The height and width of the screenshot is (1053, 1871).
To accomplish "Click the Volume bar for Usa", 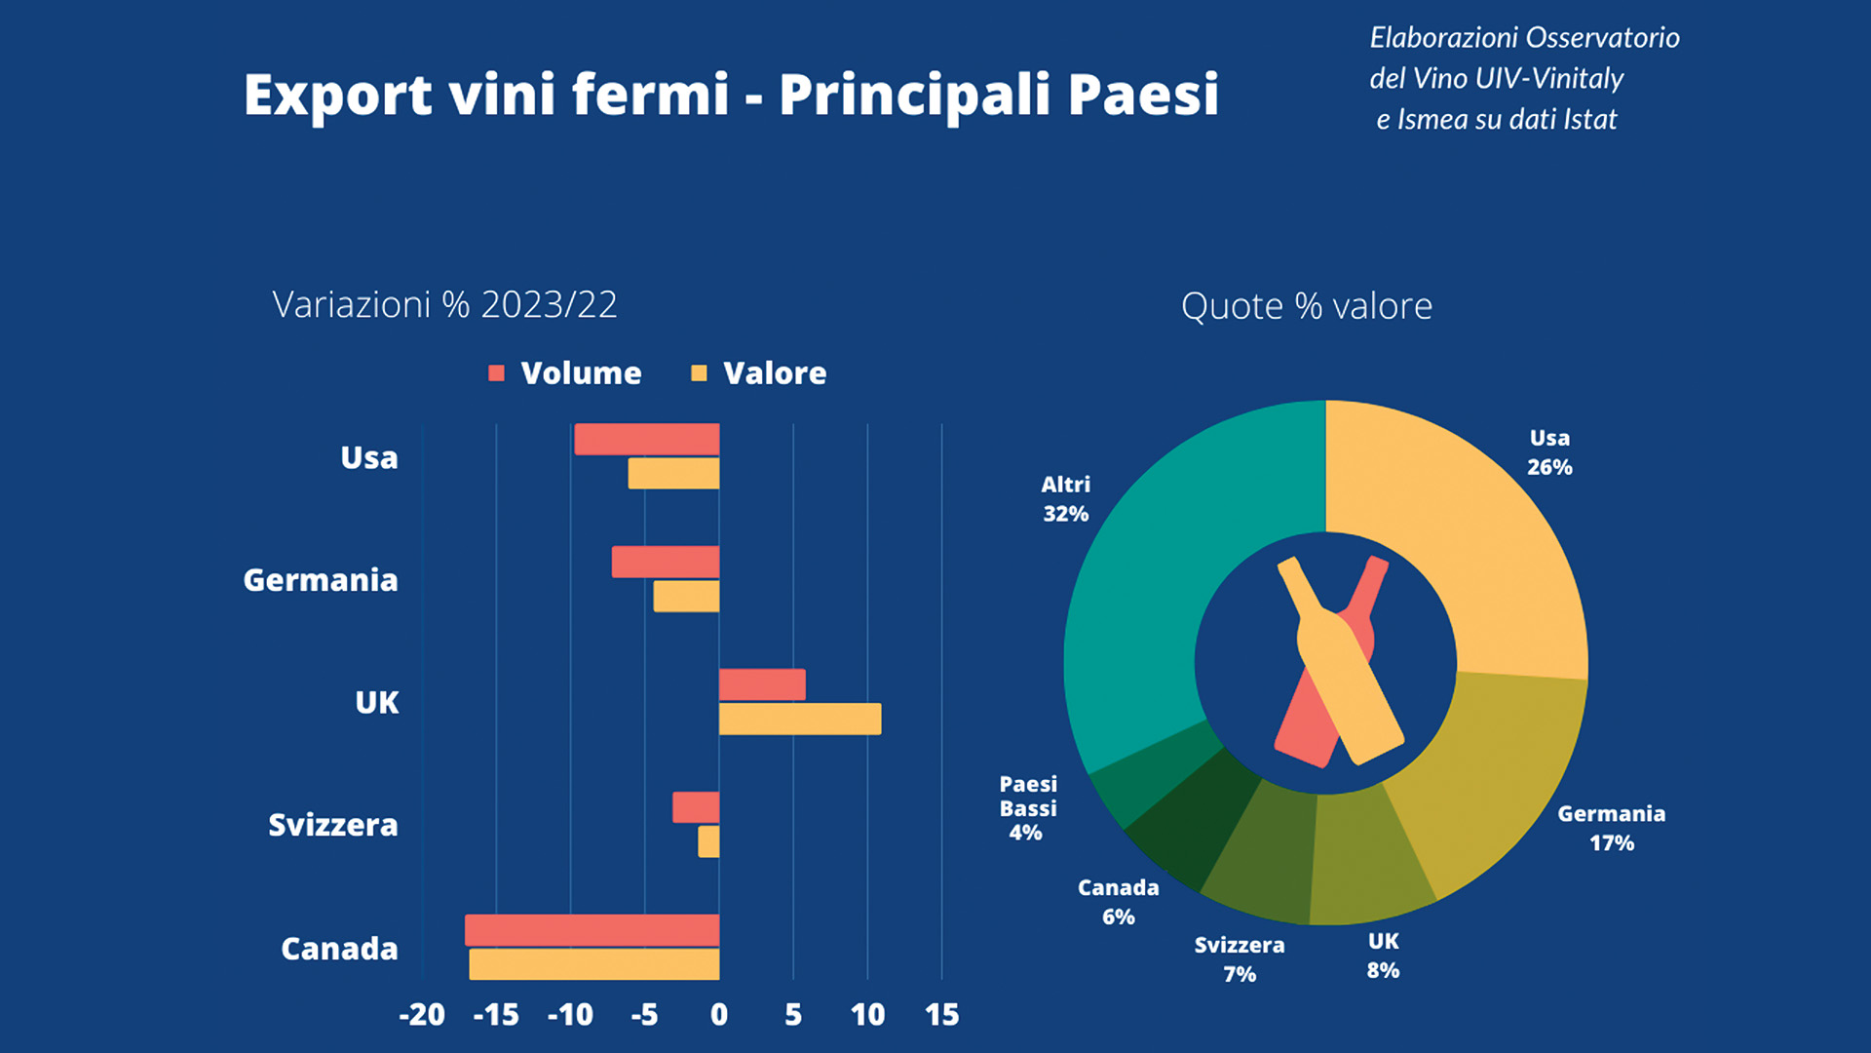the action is point(647,439).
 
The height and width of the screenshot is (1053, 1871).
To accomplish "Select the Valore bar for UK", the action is point(800,719).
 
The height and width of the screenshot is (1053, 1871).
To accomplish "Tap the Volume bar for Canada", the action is point(592,930).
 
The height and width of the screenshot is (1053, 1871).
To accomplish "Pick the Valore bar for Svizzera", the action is point(708,841).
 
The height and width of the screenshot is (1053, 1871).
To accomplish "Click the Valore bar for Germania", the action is point(686,596).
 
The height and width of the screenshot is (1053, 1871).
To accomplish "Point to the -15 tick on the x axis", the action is point(496,1015).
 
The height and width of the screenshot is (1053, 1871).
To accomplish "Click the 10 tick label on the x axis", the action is point(867,1015).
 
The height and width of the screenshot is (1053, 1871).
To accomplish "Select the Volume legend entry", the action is point(565,372).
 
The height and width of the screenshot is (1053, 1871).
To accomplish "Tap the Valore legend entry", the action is point(758,372).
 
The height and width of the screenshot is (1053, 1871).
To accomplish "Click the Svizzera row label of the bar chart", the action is point(333,825).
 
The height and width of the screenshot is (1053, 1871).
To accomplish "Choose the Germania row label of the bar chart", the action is point(321,580).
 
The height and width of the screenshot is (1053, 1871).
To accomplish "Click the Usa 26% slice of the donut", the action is point(1462,536).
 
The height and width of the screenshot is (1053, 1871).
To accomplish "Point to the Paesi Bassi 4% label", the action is point(1028,808).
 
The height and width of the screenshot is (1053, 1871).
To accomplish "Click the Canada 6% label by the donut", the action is point(1119,902).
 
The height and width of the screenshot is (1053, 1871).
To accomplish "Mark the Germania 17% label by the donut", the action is point(1612,828).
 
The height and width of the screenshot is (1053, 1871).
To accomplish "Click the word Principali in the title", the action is point(915,96).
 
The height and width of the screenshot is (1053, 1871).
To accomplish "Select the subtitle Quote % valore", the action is point(1307,306).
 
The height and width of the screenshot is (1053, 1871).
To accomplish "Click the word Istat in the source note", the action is point(1590,119).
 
